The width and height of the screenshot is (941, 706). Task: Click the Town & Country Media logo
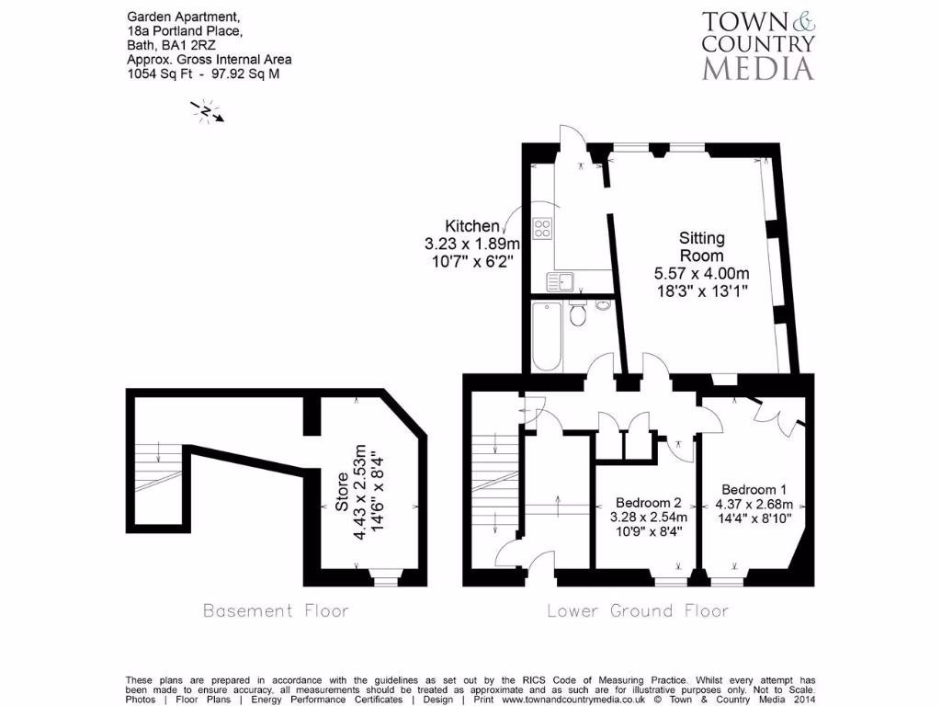coord(758,45)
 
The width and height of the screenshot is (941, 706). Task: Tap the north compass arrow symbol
coord(208,111)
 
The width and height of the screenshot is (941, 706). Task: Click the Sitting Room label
coord(701,246)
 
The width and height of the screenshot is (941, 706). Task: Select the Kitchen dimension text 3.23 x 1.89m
coord(471,245)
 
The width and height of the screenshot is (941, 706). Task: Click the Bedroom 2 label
coord(648,503)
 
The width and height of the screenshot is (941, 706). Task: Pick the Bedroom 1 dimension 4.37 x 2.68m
coord(760,504)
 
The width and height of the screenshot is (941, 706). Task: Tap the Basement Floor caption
coord(276,610)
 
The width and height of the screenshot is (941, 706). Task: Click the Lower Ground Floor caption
coord(638,610)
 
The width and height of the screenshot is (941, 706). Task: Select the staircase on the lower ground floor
coord(494,487)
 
